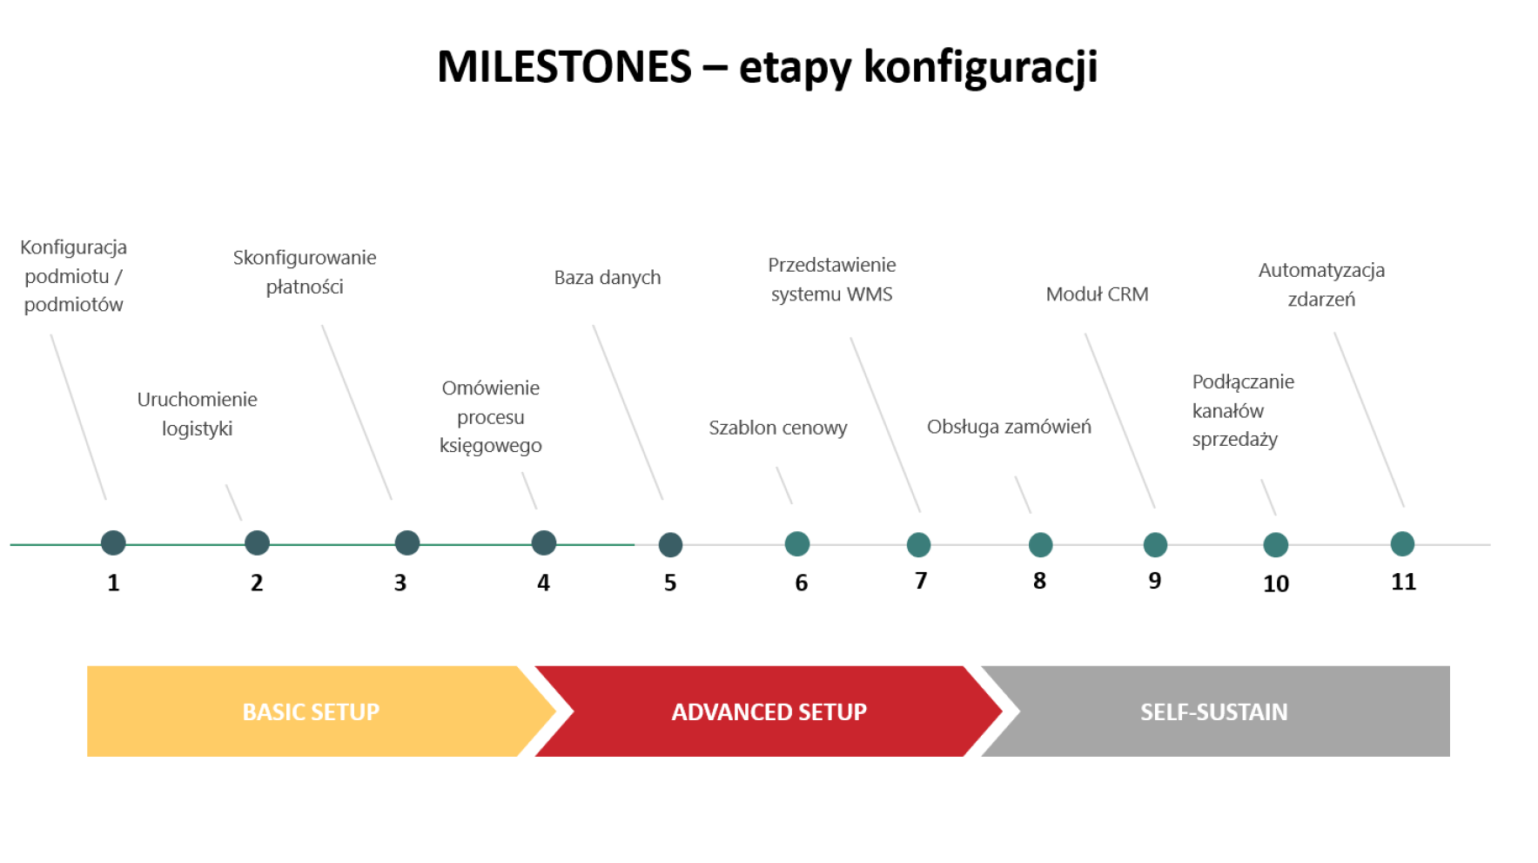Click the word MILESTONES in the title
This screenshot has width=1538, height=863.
[564, 67]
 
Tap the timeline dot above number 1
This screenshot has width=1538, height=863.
[113, 543]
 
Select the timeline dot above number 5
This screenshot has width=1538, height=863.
[670, 545]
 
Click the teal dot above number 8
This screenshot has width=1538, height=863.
[1040, 545]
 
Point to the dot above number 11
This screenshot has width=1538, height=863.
[1402, 544]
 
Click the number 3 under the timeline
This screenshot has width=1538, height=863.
[400, 583]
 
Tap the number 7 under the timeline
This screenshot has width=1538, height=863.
[921, 581]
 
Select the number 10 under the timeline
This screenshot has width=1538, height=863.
[1276, 583]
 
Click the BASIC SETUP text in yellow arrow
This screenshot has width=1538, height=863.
[311, 712]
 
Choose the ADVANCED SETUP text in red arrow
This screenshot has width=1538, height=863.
[769, 712]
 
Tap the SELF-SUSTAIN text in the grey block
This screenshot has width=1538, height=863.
[1213, 712]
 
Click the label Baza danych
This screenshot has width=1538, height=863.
[608, 278]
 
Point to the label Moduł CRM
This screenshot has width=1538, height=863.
[1097, 294]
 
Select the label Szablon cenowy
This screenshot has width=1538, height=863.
[777, 428]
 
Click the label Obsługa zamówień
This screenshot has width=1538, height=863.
[1009, 427]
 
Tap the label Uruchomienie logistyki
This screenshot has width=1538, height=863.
[198, 414]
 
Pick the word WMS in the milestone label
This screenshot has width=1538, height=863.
[870, 294]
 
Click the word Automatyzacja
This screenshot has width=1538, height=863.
[1321, 271]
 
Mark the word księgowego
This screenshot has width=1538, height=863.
[491, 446]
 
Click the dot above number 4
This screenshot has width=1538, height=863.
[544, 543]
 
